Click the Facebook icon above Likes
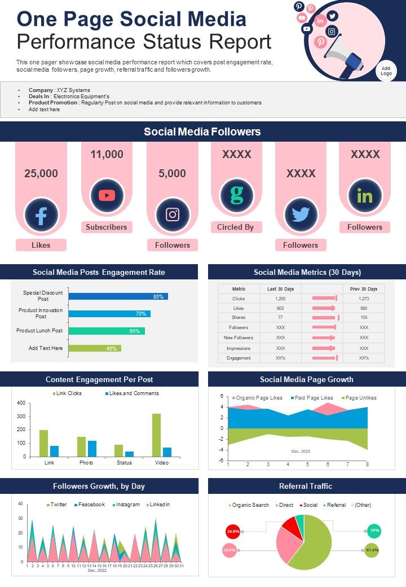[41, 216]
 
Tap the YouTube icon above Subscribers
[107, 195]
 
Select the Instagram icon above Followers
[173, 214]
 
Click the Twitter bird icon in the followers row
[301, 214]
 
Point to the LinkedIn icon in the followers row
[365, 196]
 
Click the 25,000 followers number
[41, 174]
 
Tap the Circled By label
[235, 227]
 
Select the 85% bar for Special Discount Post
[118, 296]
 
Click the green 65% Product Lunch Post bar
[107, 331]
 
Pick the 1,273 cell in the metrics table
[364, 298]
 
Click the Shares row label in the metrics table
[239, 317]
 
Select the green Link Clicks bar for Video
[156, 435]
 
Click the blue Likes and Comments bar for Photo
[92, 449]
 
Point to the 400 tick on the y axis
[21, 403]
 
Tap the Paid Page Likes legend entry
[314, 398]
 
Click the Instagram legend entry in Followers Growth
[126, 505]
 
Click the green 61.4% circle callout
[371, 549]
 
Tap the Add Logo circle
[386, 71]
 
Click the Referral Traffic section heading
[306, 486]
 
